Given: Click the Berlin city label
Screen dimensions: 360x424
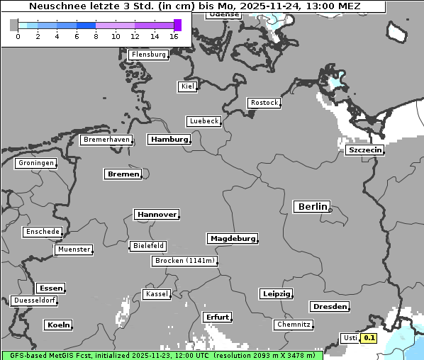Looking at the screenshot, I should [x=311, y=207].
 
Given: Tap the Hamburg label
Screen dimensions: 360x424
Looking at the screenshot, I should [x=169, y=140].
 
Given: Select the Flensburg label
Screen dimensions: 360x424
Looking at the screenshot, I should [x=149, y=55].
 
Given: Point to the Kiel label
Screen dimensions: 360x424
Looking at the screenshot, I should [x=187, y=86].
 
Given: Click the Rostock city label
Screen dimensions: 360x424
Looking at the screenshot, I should [x=264, y=103].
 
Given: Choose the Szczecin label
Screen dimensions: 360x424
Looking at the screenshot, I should [x=365, y=150].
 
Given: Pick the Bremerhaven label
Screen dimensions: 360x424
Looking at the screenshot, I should [x=106, y=140].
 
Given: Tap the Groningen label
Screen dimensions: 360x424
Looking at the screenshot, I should [x=35, y=163].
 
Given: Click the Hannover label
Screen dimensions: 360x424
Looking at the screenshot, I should [x=156, y=214].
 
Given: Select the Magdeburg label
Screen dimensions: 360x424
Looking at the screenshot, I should [x=233, y=238].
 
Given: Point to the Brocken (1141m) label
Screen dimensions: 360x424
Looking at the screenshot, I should [x=184, y=261].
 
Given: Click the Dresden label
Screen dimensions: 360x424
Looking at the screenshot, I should [x=329, y=307].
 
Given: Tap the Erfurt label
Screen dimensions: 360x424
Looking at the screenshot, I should [x=217, y=317].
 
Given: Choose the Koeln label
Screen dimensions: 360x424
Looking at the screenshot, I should [x=58, y=325].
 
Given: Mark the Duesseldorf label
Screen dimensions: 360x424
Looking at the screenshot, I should [x=34, y=300].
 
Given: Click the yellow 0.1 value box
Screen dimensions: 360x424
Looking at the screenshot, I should [x=369, y=338].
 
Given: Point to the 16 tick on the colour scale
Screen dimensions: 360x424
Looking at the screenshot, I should [x=174, y=36].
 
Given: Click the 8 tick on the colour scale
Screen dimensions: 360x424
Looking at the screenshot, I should [x=96, y=36].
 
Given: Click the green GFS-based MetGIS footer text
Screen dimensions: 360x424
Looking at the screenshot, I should [x=162, y=355].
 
